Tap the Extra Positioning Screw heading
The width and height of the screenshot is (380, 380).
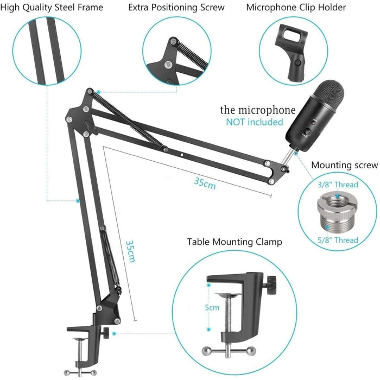click(176, 8)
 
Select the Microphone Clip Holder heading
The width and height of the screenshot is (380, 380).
click(296, 8)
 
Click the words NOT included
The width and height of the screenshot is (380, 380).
click(254, 122)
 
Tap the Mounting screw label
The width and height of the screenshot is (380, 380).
click(344, 165)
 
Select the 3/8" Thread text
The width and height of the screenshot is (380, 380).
click(337, 185)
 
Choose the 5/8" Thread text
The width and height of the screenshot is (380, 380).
click(337, 240)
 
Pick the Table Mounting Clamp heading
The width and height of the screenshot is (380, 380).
click(235, 242)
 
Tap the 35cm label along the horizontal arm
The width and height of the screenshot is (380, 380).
click(205, 183)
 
